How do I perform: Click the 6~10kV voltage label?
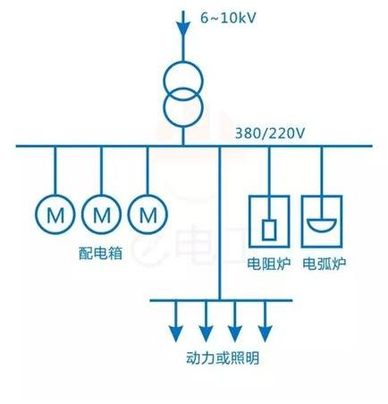228,18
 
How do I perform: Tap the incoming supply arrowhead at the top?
183,29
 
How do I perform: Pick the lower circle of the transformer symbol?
183,107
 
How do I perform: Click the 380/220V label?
270,133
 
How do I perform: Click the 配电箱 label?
101,253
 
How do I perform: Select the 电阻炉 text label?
269,264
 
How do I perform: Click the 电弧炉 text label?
324,264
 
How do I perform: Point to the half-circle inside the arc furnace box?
322,229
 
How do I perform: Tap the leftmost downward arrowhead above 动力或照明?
176,333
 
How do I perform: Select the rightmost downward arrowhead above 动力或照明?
265,333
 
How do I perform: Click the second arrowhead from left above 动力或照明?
206,333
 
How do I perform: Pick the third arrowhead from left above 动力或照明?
235,333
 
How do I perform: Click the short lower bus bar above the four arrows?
221,300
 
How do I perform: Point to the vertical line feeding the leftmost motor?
55,171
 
